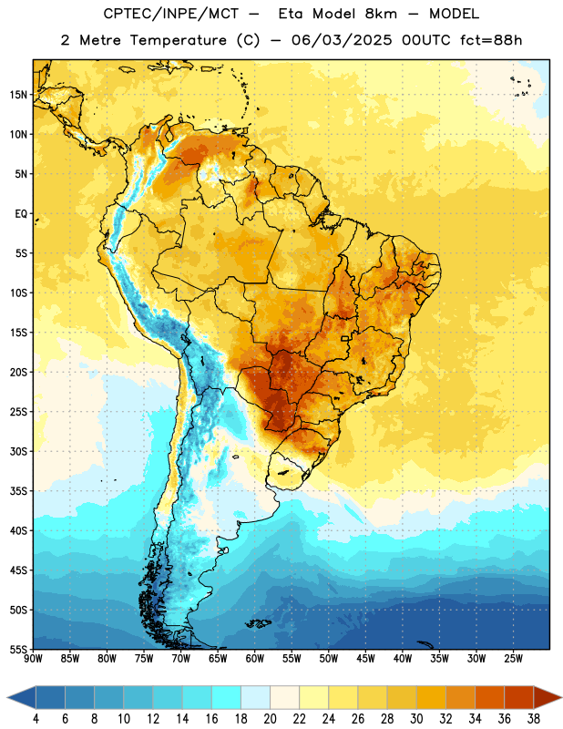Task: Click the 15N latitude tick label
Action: [18, 95]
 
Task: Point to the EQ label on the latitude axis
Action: [21, 214]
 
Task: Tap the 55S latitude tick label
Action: [18, 649]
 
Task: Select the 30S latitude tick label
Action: [18, 451]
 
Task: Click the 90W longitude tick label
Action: [33, 659]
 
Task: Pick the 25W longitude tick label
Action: [513, 659]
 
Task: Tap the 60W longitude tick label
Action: [255, 659]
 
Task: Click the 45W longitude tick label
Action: [365, 659]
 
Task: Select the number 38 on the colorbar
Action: [534, 719]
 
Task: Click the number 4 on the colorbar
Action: [36, 719]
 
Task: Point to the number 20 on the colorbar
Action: [270, 719]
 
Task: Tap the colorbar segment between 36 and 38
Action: [519, 698]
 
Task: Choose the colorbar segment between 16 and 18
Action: [227, 698]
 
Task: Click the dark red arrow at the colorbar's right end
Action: [546, 698]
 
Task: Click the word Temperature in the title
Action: [178, 40]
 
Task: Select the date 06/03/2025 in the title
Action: [342, 40]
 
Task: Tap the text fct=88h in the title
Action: [491, 40]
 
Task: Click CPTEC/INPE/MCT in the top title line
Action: [170, 15]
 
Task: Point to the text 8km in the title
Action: [381, 14]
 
